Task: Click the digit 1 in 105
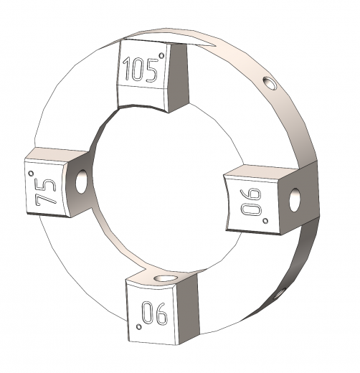[127, 69]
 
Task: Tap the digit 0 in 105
[138, 70]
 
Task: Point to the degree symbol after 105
[162, 56]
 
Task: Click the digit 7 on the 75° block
[43, 198]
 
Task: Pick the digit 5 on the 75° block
[46, 185]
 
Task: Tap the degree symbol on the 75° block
[31, 173]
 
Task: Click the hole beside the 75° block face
[81, 181]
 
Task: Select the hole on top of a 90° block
[166, 278]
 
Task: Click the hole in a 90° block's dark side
[295, 199]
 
